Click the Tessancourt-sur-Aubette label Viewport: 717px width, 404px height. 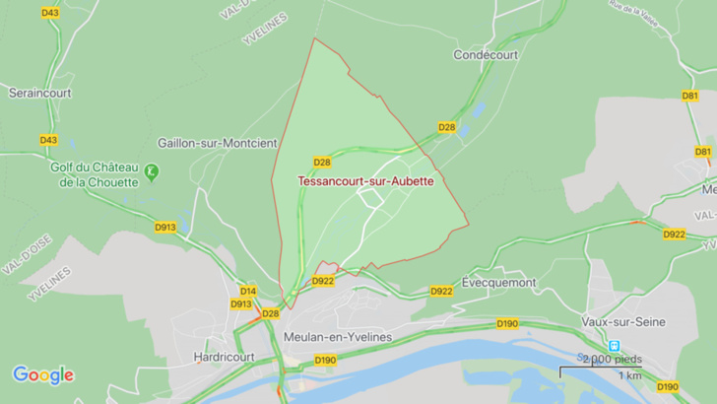click(365, 181)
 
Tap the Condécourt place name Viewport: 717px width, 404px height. click(486, 55)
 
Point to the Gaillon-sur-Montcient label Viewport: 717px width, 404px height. click(217, 142)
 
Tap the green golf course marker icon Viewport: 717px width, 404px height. click(151, 172)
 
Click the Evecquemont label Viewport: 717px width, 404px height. click(498, 283)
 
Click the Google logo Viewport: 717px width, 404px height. click(42, 374)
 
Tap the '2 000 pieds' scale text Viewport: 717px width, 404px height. click(613, 359)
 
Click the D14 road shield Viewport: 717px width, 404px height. click(248, 291)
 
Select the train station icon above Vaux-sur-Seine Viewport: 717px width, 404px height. click(615, 346)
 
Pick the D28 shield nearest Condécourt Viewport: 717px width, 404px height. click(446, 127)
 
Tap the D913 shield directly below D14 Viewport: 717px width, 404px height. click(241, 303)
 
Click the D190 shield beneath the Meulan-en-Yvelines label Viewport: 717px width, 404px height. click(326, 361)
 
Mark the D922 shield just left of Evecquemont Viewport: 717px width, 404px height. click(441, 291)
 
